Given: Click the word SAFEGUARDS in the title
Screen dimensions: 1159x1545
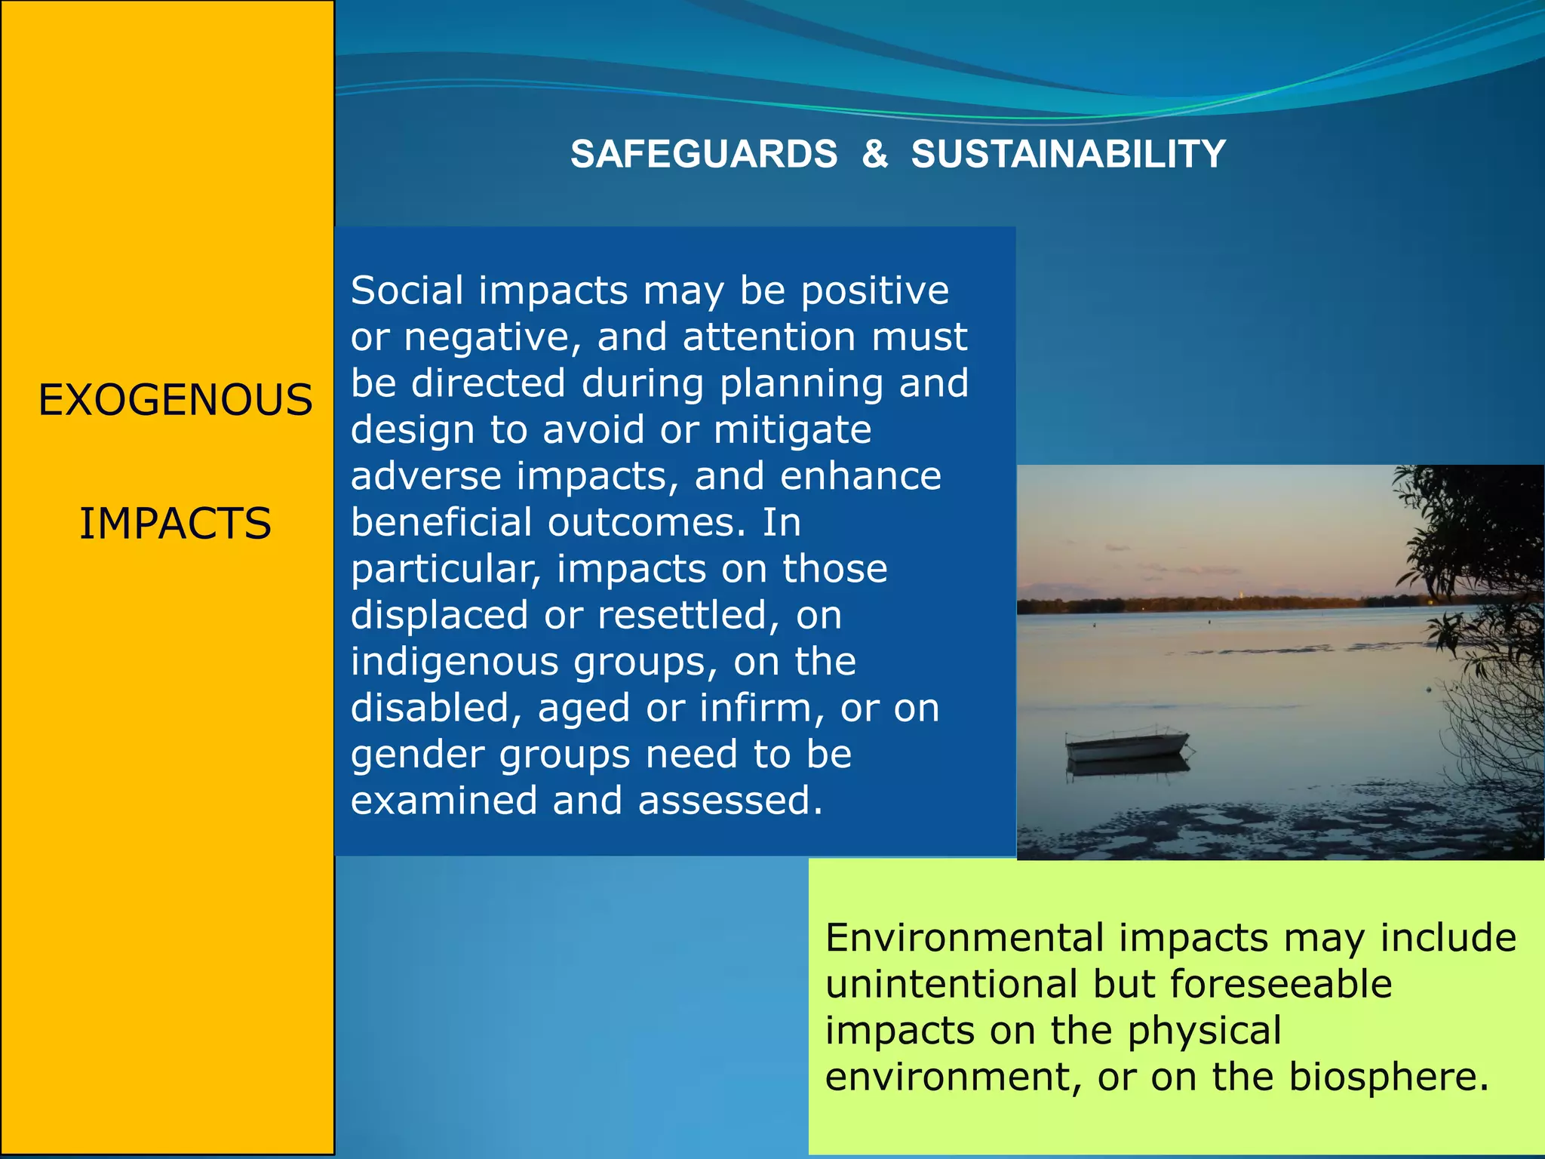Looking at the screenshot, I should [x=703, y=154].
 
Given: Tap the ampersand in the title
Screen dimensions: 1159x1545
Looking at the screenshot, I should [x=874, y=154].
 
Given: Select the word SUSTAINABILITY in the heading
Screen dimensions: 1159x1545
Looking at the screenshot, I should [x=1068, y=154].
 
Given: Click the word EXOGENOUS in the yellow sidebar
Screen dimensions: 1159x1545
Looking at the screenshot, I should [x=175, y=400].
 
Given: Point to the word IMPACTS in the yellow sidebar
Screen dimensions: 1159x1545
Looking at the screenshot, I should [x=175, y=524].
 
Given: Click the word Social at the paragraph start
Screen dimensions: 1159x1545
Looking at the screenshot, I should [x=407, y=291].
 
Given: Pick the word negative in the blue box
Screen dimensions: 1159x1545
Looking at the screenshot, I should [x=493, y=337].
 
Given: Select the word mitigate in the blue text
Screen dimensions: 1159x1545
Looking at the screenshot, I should [x=792, y=430].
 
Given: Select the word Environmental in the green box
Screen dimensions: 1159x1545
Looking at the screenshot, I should [x=966, y=938].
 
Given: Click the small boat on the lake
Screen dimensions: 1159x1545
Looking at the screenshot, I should [x=1126, y=746].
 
